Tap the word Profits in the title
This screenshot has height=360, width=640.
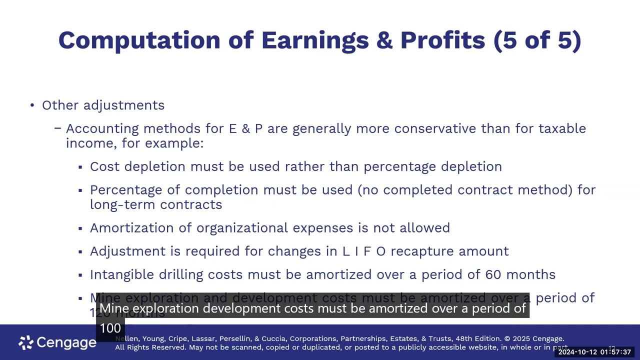pyautogui.click(x=442, y=40)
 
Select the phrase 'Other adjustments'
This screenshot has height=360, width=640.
pyautogui.click(x=103, y=105)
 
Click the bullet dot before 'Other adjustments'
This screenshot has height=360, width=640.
pyautogui.click(x=32, y=105)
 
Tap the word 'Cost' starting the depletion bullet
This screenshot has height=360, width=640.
pyautogui.click(x=105, y=166)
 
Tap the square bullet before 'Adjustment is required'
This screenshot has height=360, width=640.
pyautogui.click(x=80, y=251)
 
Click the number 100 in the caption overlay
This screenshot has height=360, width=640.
pyautogui.click(x=110, y=328)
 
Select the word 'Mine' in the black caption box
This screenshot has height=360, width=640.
pyautogui.click(x=114, y=308)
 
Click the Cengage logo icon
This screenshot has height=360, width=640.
pyautogui.click(x=26, y=342)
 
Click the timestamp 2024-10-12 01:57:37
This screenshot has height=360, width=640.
pyautogui.click(x=594, y=352)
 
